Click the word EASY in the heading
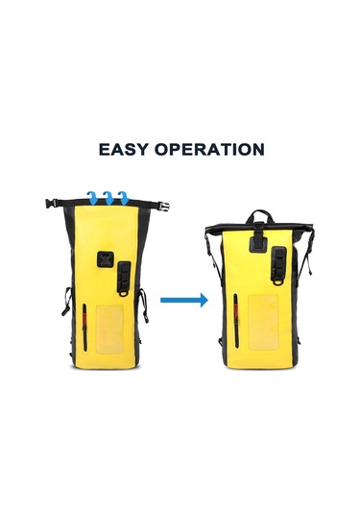pyautogui.click(x=123, y=149)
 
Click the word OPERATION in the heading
pyautogui.click(x=209, y=149)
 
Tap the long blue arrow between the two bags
pyautogui.click(x=184, y=300)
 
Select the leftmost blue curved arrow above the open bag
pyautogui.click(x=93, y=198)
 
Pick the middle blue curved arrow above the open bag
pyautogui.click(x=108, y=198)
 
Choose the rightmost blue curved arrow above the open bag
pyautogui.click(x=124, y=198)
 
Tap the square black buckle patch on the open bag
pyautogui.click(x=106, y=260)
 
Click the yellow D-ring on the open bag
pyautogui.click(x=124, y=293)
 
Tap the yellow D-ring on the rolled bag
pyautogui.click(x=277, y=281)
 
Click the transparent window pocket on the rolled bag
pyautogui.click(x=264, y=322)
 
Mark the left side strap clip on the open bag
pyautogui.click(x=66, y=301)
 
